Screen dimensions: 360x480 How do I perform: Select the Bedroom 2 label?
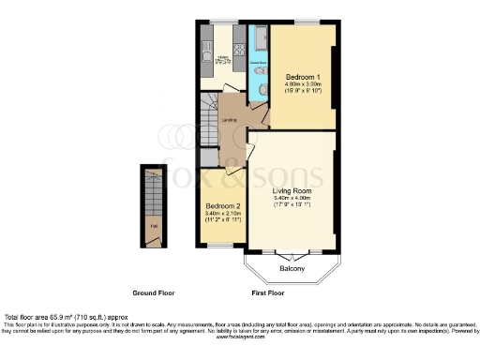pyautogui.click(x=221, y=206)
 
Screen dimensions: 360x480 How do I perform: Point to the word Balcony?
pyautogui.click(x=292, y=270)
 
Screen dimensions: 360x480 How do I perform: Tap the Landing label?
pyautogui.click(x=228, y=120)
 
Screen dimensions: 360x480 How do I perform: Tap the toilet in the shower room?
pyautogui.click(x=262, y=88)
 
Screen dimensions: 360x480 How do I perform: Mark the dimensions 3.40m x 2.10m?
pyautogui.click(x=221, y=214)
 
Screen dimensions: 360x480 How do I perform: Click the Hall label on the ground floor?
pyautogui.click(x=151, y=225)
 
